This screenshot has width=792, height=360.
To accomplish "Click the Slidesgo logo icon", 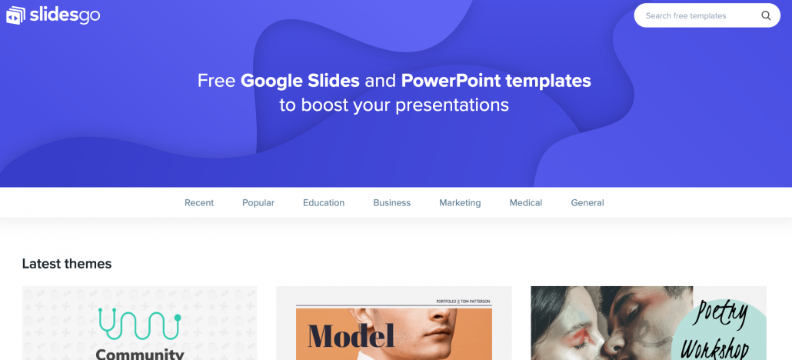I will point(15,15).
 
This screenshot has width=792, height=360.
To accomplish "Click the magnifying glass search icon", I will point(766,15).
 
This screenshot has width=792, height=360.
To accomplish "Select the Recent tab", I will point(199,203).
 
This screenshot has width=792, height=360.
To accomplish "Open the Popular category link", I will point(258,203).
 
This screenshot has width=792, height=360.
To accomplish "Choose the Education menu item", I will point(324,203).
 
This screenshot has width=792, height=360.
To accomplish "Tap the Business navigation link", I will point(392,203).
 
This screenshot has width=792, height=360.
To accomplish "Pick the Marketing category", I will point(460,203).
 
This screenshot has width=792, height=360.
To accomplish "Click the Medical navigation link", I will point(526,203).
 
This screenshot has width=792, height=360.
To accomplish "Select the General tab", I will point(587,203).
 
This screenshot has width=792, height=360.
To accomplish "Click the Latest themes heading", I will point(67,264).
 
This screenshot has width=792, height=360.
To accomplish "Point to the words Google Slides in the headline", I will point(300,81).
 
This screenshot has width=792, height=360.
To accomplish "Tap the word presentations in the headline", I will point(452,105).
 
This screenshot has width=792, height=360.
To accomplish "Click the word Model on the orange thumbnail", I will point(351,336).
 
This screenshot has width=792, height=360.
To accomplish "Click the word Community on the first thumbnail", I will point(140,354).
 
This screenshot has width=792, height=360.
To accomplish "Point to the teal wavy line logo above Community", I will point(140,322).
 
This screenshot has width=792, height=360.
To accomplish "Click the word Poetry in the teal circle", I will point(723,314).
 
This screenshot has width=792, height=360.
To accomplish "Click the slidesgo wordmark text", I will point(65,15).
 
